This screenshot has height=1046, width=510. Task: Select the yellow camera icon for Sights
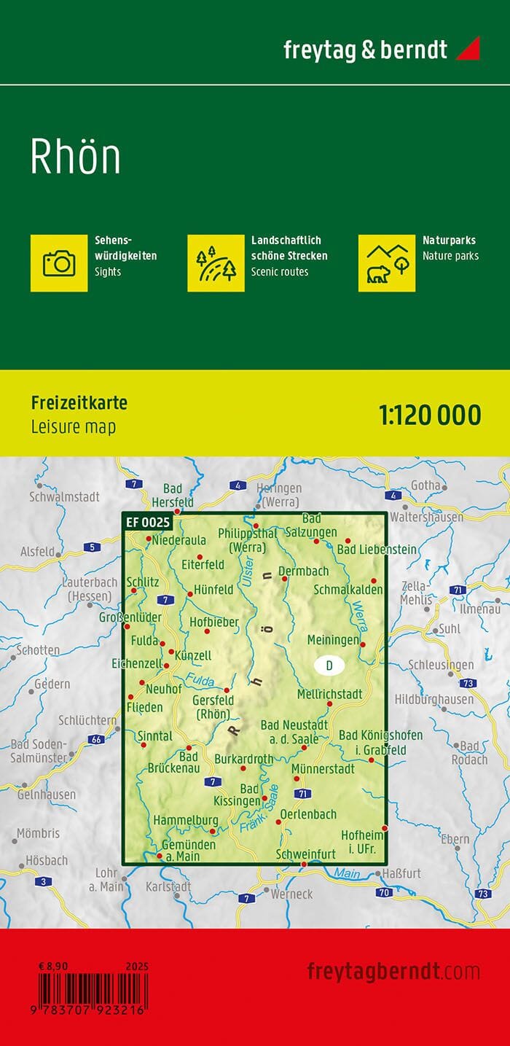(59, 262)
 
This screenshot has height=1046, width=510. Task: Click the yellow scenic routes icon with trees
(216, 262)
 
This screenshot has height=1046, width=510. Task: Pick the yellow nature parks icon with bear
(386, 262)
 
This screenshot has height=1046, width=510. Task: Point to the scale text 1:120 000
(430, 415)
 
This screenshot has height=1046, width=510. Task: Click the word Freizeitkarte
(79, 403)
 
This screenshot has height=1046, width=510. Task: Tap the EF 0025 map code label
(148, 522)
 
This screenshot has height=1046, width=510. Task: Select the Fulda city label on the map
(144, 641)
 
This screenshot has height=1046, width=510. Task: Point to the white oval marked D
(329, 666)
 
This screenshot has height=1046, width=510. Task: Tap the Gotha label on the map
(425, 485)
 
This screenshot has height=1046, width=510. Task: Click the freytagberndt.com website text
(393, 971)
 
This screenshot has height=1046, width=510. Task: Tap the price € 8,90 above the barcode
(54, 966)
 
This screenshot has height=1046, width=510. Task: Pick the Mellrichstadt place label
(330, 694)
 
